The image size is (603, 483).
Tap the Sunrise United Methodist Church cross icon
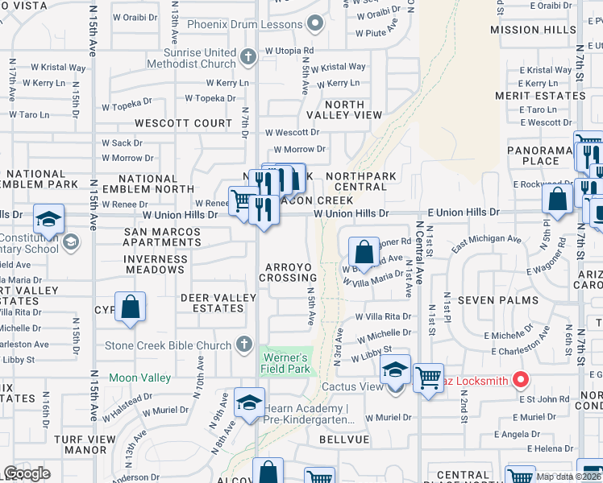248,56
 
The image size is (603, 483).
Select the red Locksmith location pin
521,378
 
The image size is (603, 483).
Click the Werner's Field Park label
285,363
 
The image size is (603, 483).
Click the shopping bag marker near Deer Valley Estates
130,307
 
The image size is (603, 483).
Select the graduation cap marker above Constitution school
48,219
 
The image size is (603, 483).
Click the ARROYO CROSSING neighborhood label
288,272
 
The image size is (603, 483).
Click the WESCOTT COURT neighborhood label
183,123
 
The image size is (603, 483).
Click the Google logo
27,473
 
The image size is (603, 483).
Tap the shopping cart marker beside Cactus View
428,377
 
